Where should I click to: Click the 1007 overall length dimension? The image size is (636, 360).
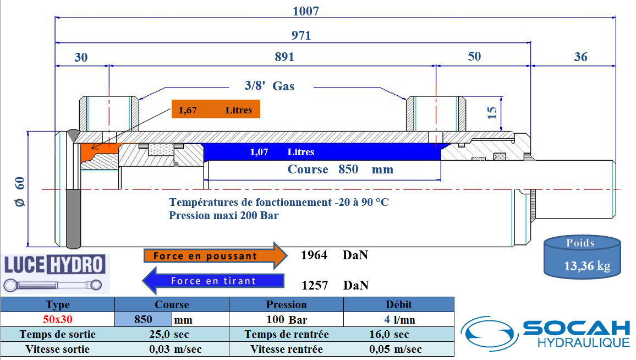click(306, 10)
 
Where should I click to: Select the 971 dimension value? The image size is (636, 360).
click(301, 36)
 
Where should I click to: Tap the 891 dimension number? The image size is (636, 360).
click(284, 57)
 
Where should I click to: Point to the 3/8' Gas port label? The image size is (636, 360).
click(269, 86)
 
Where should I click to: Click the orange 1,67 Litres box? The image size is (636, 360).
click(215, 110)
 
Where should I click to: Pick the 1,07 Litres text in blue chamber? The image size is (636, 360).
click(282, 152)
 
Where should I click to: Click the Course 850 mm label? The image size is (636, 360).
click(340, 170)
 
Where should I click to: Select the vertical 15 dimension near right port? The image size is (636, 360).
click(492, 113)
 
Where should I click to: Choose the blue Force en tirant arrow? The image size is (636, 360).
click(213, 281)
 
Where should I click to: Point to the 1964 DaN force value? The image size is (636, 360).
click(334, 255)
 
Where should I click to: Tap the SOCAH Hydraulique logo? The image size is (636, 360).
click(545, 332)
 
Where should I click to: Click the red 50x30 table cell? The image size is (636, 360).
click(58, 319)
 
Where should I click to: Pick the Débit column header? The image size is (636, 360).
click(399, 304)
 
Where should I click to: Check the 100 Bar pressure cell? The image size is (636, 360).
click(286, 319)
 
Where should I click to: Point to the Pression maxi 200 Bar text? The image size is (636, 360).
click(223, 215)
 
